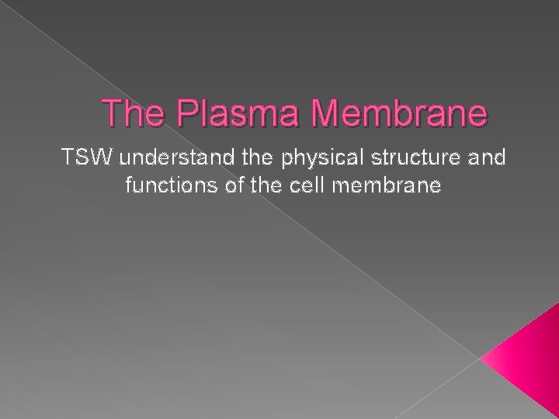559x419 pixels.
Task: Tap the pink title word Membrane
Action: (398, 113)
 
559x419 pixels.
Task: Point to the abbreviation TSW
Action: (80, 159)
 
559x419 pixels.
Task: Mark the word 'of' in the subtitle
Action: (225, 186)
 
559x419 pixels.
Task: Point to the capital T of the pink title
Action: (113, 113)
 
